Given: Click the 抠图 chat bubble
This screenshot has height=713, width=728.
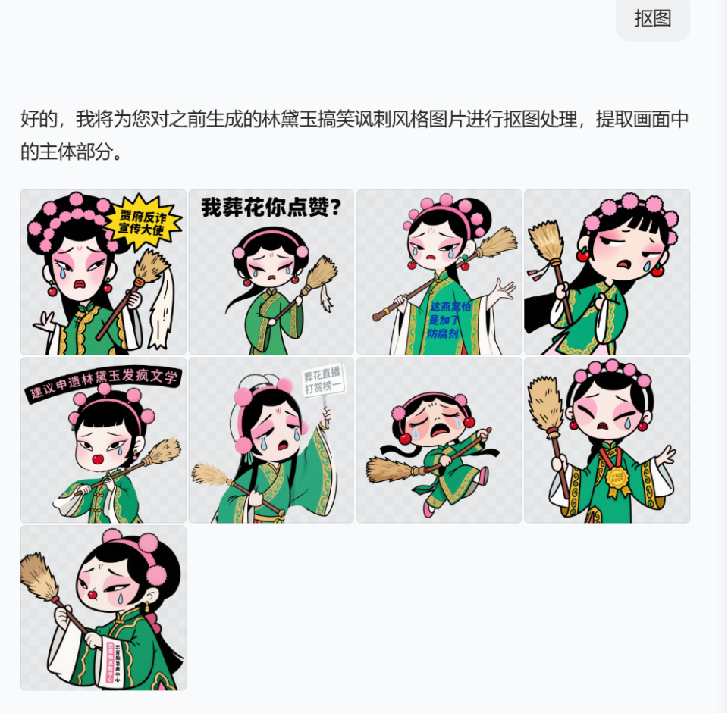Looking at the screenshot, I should coord(653,17).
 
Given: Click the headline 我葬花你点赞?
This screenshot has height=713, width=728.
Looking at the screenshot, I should coord(271,208).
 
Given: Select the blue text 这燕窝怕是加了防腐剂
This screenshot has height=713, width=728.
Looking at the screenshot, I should coord(450,319).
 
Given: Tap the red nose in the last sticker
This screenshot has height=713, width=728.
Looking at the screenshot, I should coord(92,595).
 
